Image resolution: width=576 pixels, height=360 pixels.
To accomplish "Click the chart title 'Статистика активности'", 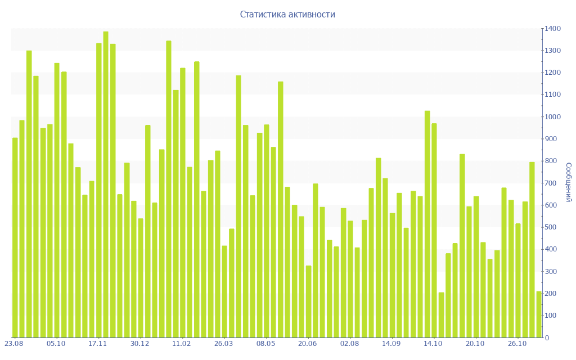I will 287,14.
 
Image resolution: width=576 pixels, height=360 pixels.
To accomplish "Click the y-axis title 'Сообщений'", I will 569,182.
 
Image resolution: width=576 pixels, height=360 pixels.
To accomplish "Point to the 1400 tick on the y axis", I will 552,29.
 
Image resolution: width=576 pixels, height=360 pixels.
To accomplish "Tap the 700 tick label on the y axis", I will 552,183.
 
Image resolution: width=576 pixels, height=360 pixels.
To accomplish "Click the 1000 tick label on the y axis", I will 552,117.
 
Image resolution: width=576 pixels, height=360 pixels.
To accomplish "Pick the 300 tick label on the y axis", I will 552,272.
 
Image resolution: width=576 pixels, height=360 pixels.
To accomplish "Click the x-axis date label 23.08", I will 14,343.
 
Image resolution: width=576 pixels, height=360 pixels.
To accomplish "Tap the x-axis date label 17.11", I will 98,343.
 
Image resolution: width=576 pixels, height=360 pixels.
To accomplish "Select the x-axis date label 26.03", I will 224,343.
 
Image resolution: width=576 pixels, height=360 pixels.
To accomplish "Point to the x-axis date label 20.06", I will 308,343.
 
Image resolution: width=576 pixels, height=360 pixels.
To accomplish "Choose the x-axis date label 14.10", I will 434,343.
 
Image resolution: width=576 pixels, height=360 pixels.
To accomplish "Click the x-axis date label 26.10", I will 517,343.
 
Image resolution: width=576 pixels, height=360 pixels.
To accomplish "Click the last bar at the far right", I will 539,314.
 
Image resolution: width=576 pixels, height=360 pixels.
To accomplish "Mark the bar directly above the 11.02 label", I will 183,202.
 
